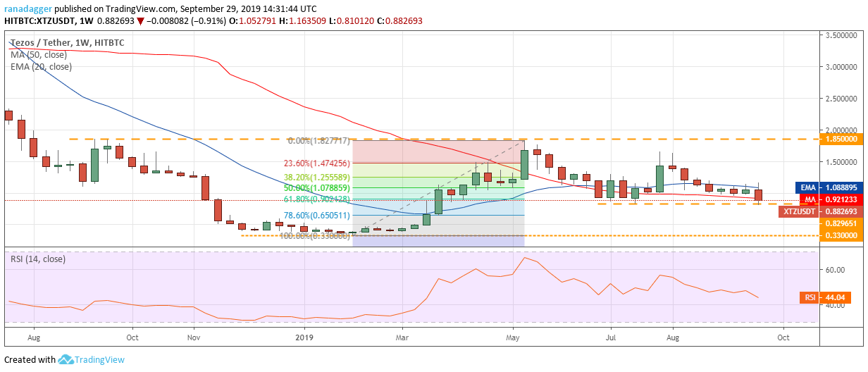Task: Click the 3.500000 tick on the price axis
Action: (x=843, y=35)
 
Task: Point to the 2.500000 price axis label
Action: (x=843, y=99)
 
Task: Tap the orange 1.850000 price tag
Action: (x=843, y=139)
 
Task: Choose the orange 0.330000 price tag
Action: (x=843, y=235)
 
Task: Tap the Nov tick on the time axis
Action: (x=192, y=337)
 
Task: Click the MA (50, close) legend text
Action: (x=41, y=55)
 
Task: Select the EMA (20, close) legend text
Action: (x=42, y=67)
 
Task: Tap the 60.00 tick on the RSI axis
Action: (x=836, y=270)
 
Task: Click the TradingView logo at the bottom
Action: (x=87, y=359)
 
